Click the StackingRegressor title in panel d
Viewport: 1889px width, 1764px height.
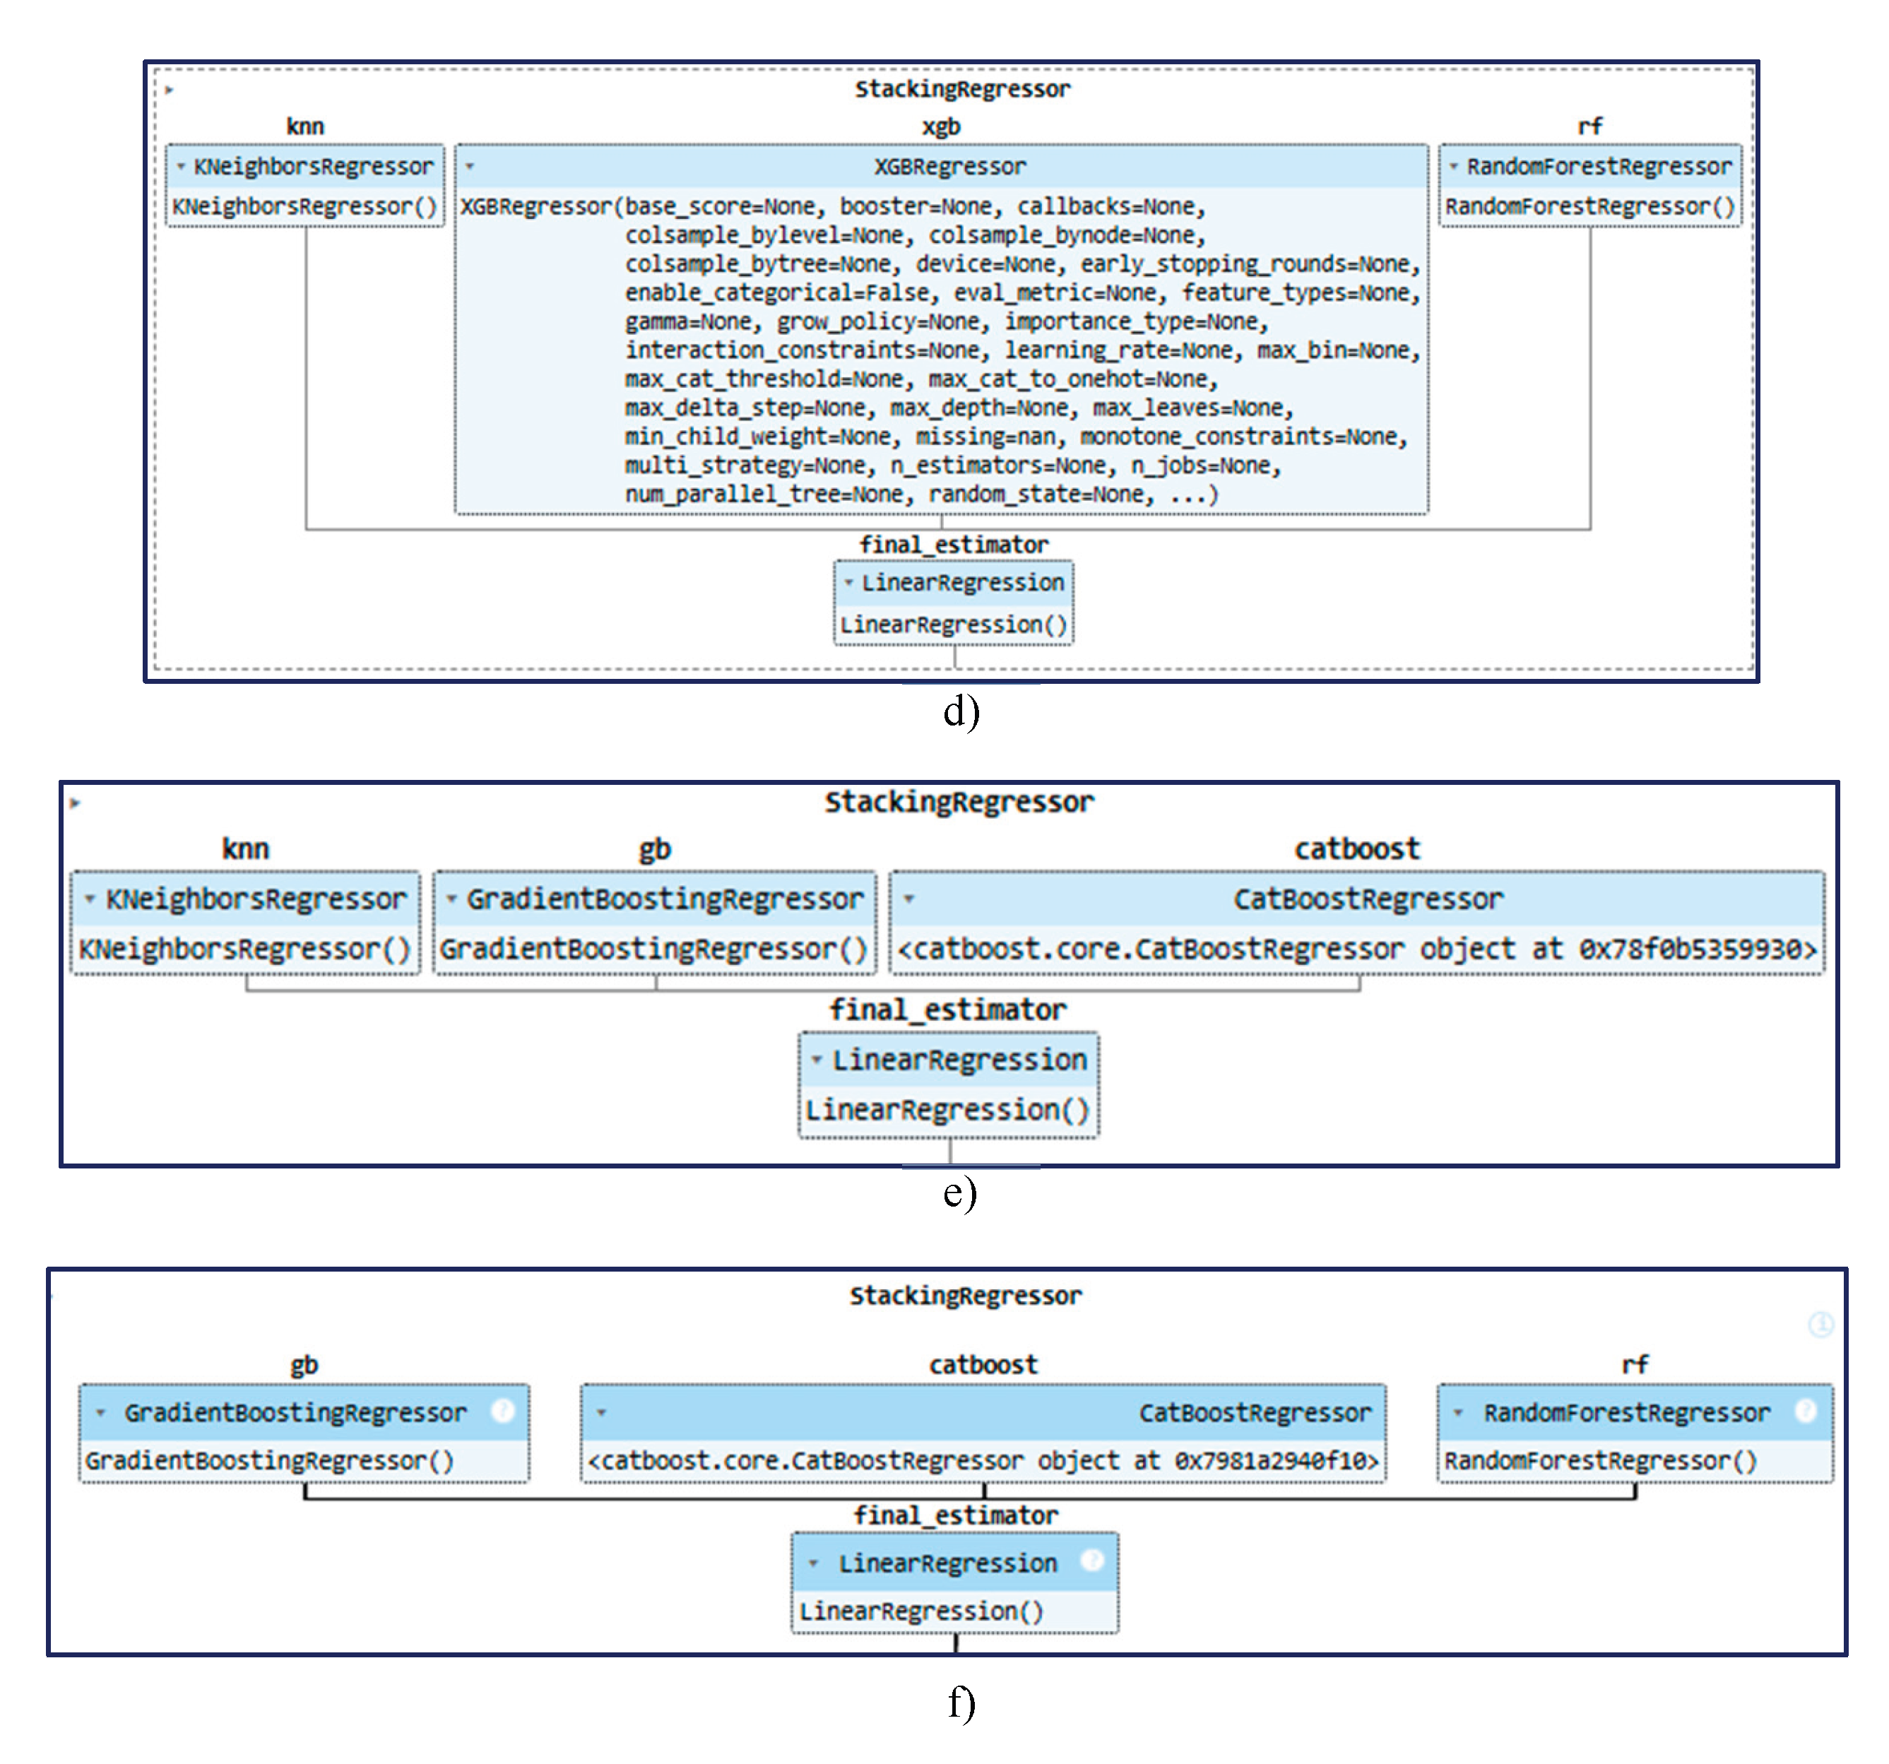click(961, 89)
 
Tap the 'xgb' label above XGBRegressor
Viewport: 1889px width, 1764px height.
click(941, 126)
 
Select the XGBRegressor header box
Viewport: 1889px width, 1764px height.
click(949, 166)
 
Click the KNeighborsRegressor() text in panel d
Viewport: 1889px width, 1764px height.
click(304, 206)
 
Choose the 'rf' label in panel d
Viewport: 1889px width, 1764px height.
click(1589, 126)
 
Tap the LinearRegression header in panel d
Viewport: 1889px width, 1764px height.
click(961, 583)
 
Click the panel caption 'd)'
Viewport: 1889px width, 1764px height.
click(961, 711)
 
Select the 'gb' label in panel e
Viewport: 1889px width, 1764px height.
click(655, 848)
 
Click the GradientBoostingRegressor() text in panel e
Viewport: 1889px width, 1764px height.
click(653, 949)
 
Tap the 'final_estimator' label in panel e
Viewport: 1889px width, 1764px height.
click(947, 1010)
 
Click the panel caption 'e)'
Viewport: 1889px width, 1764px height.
click(960, 1192)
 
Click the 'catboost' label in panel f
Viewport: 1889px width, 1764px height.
click(983, 1365)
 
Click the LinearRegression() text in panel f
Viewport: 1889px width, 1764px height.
click(920, 1611)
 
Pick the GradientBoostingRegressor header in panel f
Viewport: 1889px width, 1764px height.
click(295, 1412)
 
